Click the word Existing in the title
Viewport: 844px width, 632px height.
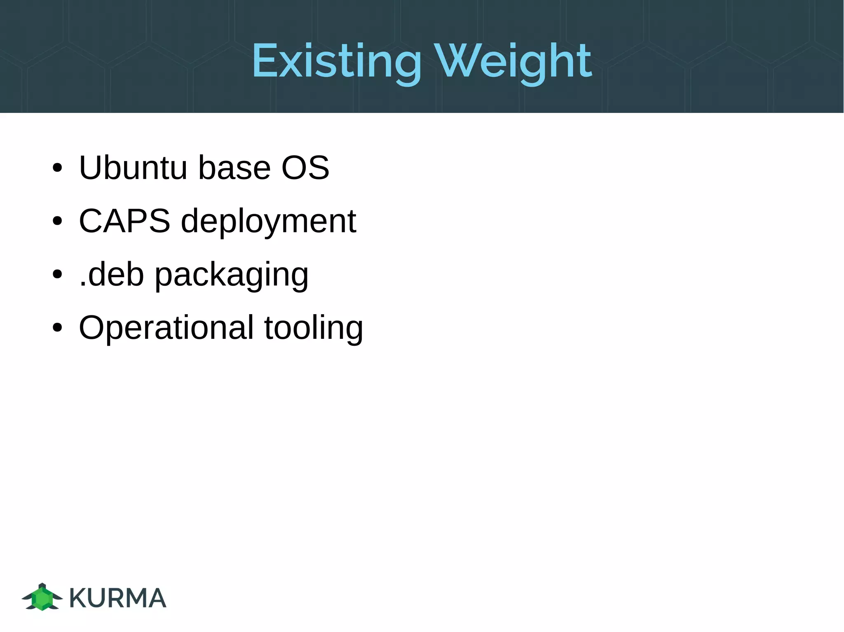pos(336,62)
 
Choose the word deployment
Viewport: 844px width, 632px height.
pos(268,222)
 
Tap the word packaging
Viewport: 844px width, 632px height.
pos(231,276)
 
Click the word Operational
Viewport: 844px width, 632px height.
pos(166,328)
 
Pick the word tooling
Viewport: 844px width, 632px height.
pos(314,329)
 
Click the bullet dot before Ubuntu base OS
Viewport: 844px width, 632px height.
pos(57,168)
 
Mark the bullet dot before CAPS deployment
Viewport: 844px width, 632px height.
pos(57,222)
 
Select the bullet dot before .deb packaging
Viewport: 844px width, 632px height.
pos(57,275)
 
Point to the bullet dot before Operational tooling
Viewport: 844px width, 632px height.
pos(57,328)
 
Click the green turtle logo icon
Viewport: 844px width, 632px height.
pos(42,597)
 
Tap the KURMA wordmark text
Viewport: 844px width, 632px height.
pos(117,598)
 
